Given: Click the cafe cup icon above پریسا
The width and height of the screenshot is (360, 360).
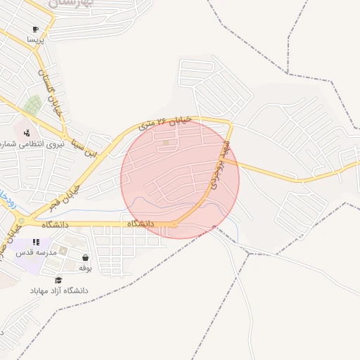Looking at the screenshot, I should (x=35, y=30).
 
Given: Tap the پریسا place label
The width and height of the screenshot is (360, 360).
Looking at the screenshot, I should (x=35, y=41).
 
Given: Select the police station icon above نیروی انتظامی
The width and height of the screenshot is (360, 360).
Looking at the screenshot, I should (x=27, y=132).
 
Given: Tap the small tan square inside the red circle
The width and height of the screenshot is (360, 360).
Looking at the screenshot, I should (x=166, y=143).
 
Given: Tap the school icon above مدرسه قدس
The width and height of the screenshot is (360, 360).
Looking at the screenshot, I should (x=36, y=242).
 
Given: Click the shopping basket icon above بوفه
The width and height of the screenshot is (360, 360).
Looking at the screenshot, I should (x=85, y=257).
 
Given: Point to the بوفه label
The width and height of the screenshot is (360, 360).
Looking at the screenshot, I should (x=85, y=268).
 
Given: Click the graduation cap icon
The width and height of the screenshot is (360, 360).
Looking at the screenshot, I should (x=58, y=279).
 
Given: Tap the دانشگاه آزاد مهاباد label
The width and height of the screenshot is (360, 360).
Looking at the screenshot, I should (x=59, y=290).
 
